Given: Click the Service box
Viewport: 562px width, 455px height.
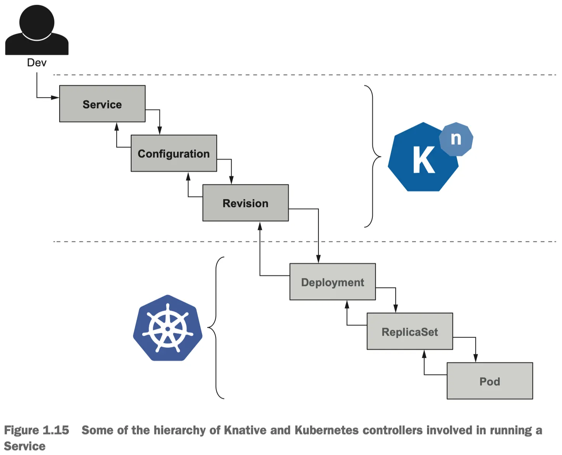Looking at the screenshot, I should point(102,104).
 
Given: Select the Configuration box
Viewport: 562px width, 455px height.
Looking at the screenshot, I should point(174,153).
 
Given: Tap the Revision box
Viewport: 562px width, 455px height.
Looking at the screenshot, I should point(245,203).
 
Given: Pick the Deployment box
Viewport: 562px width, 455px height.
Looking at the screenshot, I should point(333,282).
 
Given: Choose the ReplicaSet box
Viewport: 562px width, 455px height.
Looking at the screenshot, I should point(410,332).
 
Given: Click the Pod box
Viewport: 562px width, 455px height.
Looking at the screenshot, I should point(490,381).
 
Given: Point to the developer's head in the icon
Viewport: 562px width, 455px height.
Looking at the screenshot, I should point(37,21).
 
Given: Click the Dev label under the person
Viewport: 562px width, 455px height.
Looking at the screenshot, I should point(37,63).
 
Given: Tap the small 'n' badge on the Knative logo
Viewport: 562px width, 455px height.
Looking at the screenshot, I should point(456,139).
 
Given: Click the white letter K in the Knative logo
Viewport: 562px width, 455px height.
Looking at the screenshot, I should point(424,160).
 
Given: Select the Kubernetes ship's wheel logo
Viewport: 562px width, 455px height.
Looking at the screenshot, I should point(168,328).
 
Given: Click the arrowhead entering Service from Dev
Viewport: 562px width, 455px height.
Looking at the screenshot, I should point(55,98).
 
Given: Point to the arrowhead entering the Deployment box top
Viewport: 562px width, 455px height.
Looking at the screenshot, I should point(318,259).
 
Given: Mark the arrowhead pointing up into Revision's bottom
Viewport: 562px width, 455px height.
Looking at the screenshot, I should point(260,226).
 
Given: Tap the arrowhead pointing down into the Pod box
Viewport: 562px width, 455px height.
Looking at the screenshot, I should point(476,358).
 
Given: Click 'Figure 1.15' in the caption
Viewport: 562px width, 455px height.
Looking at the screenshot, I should point(37,430).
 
